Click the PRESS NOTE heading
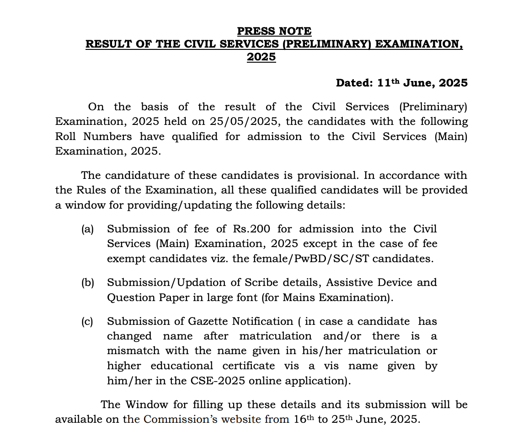274,31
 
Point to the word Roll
67,136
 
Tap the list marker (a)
87,229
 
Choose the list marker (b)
87,283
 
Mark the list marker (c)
87,322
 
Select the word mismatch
133,351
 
